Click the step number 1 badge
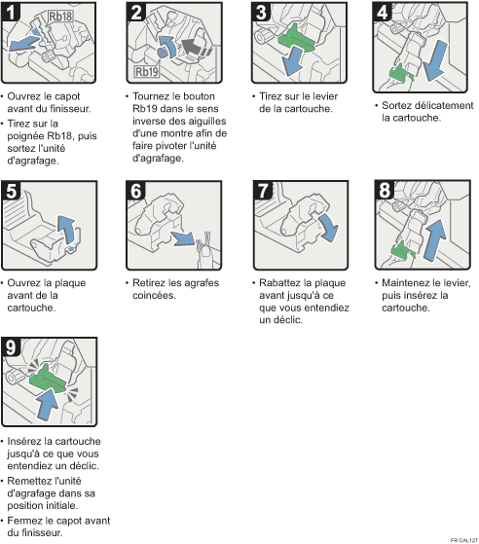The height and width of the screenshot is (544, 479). click(11, 12)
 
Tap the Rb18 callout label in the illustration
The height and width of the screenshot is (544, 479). click(60, 17)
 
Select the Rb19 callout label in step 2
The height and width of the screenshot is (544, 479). click(146, 71)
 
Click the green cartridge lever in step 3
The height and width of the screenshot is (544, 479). click(296, 38)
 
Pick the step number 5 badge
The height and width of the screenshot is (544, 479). click(11, 191)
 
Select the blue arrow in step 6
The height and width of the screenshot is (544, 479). click(183, 238)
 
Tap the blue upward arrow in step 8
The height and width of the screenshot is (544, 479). click(435, 239)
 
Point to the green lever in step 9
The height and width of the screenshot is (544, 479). click(47, 379)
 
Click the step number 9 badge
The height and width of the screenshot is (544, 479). click(11, 347)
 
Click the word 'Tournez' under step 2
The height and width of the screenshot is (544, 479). click(151, 96)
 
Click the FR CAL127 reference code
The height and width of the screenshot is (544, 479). click(464, 540)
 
